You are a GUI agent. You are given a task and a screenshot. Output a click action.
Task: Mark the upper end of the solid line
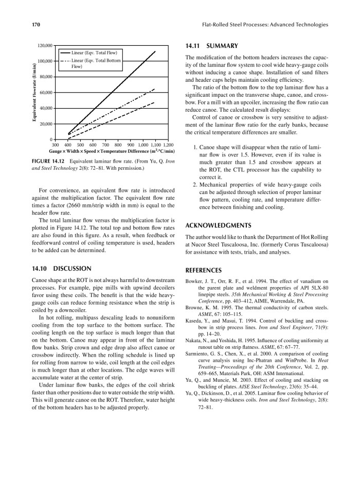(x=155, y=51)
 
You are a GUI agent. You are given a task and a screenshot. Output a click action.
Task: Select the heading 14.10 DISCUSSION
(x=61, y=268)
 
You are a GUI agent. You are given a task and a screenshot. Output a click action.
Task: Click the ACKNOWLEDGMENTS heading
(x=218, y=225)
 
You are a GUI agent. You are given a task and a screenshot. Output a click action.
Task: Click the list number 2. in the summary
(x=195, y=184)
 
